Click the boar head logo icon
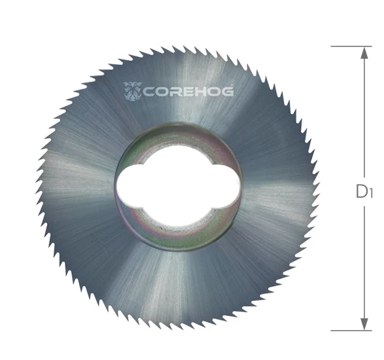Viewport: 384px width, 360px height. (133, 92)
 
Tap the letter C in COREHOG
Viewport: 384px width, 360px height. (148, 92)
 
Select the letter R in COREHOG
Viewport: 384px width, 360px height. (173, 92)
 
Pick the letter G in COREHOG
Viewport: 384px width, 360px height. (227, 92)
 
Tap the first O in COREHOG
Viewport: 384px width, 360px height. (161, 92)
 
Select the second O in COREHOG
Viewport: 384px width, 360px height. (212, 92)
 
